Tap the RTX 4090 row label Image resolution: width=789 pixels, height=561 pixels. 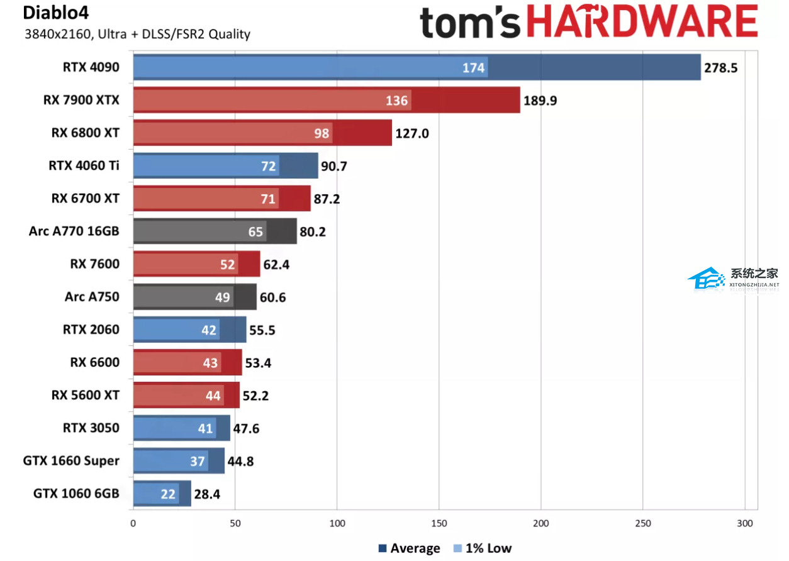pos(91,67)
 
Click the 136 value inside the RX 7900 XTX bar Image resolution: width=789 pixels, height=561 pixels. pos(396,100)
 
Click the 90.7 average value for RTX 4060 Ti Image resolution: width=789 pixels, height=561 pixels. pos(334,166)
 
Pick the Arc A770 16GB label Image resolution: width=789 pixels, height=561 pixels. pos(74,231)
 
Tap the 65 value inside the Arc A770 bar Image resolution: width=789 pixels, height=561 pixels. pos(255,231)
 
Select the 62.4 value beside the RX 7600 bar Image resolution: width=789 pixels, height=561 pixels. pos(276,264)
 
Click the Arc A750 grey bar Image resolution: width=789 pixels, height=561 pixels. pos(195,297)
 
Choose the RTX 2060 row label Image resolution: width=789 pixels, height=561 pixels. pos(91,329)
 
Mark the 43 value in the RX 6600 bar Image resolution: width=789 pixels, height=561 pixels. pos(210,362)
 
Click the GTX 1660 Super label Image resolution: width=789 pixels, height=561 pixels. pos(71,460)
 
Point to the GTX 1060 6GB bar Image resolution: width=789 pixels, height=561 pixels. pos(162,494)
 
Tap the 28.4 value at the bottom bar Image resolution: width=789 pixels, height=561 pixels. pos(207,494)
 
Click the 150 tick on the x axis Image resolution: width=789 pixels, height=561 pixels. pos(439,523)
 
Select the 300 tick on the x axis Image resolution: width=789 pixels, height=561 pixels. pos(744,523)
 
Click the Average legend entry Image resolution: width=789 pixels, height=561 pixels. pos(409,548)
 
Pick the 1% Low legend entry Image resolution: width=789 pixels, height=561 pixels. pos(483,548)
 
